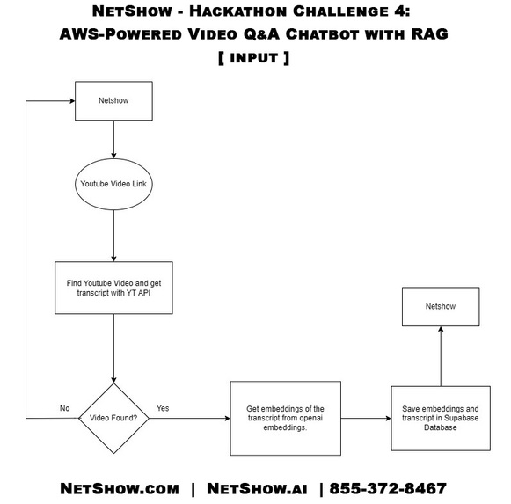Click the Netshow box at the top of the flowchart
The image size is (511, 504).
click(x=113, y=101)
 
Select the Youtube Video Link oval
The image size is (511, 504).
click(x=113, y=184)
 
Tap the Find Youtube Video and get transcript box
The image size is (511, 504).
click(x=113, y=287)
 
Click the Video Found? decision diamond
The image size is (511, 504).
click(x=113, y=418)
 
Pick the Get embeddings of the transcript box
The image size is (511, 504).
click(x=285, y=418)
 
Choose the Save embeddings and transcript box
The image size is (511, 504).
click(x=440, y=418)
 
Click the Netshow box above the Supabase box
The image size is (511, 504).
click(x=440, y=307)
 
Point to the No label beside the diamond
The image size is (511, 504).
click(x=64, y=408)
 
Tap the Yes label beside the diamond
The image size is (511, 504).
click(x=163, y=408)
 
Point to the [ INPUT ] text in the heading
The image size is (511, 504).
click(x=255, y=57)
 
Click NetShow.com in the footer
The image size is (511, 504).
click(x=120, y=488)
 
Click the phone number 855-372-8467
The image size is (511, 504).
click(x=388, y=488)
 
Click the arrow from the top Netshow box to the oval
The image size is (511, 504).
click(x=113, y=138)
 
